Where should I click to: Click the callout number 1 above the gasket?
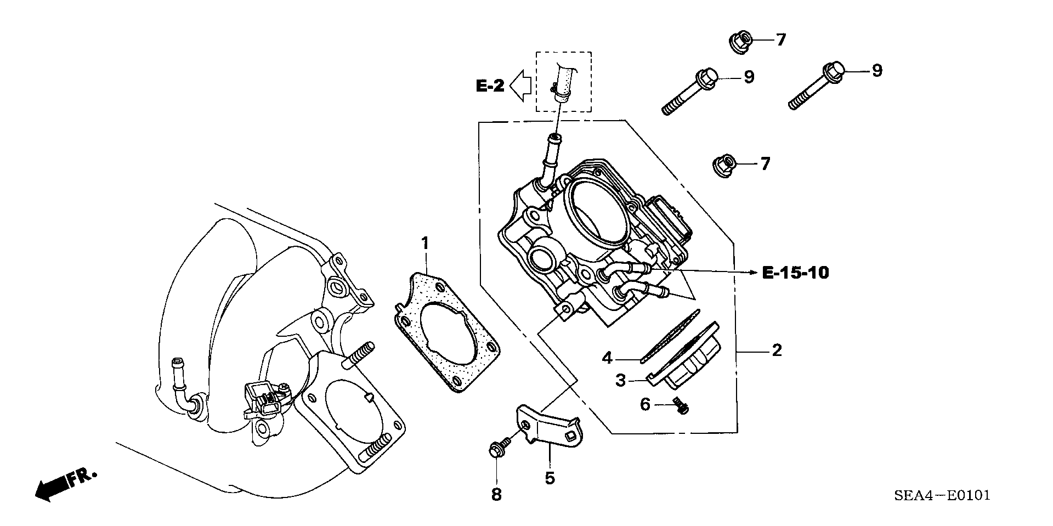424,242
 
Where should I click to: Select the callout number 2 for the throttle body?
777,350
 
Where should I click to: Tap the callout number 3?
620,380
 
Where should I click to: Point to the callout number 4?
607,358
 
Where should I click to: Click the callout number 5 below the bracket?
550,478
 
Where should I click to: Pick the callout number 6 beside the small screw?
645,405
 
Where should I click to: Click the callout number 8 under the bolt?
496,495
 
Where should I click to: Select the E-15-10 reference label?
795,272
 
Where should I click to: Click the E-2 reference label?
490,86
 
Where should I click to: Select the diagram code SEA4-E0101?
942,496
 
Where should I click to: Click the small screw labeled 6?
681,406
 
